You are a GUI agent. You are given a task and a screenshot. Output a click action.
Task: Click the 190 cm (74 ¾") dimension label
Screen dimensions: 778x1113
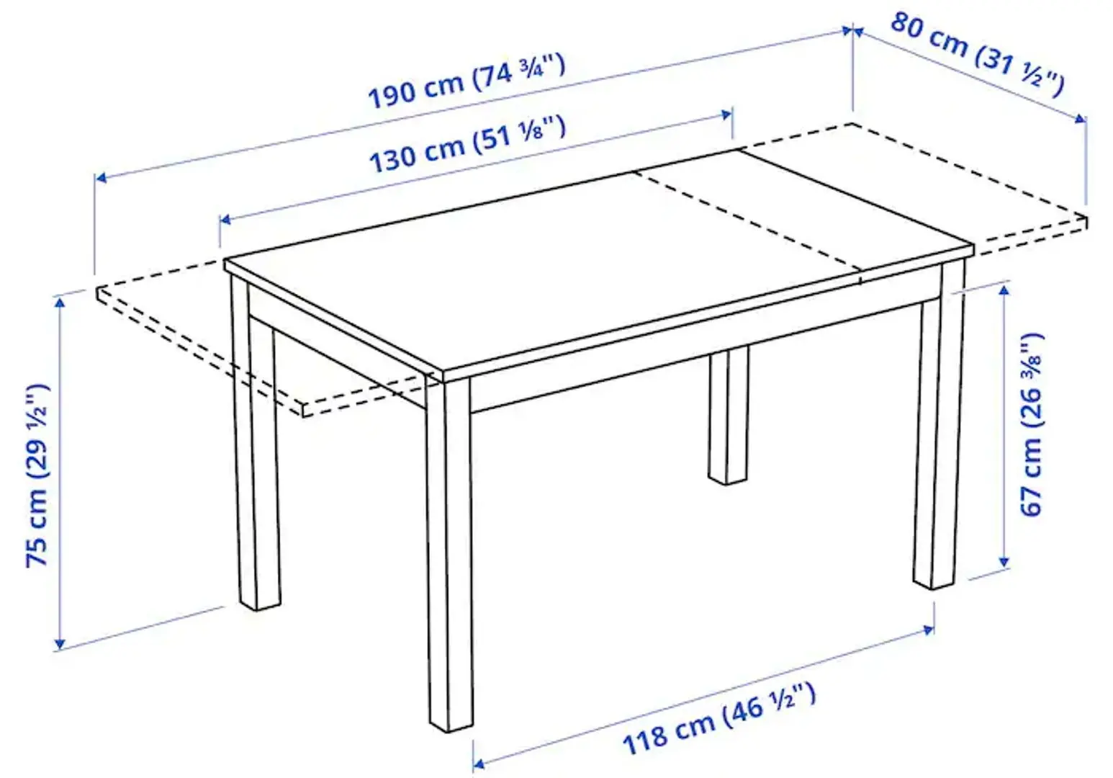pyautogui.click(x=467, y=81)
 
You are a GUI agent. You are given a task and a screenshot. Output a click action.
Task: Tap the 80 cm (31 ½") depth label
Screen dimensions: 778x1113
pyautogui.click(x=976, y=53)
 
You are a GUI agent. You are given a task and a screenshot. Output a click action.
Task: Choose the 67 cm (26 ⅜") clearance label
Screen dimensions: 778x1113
pyautogui.click(x=1031, y=425)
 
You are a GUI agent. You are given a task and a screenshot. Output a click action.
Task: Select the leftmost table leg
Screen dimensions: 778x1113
pyautogui.click(x=256, y=468)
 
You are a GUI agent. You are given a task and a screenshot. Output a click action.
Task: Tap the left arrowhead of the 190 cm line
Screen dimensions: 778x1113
pyautogui.click(x=101, y=177)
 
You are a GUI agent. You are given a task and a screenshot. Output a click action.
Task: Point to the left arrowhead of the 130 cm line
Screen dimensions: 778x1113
pyautogui.click(x=225, y=219)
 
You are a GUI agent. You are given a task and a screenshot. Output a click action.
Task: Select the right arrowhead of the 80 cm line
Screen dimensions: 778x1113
pyautogui.click(x=1081, y=119)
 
